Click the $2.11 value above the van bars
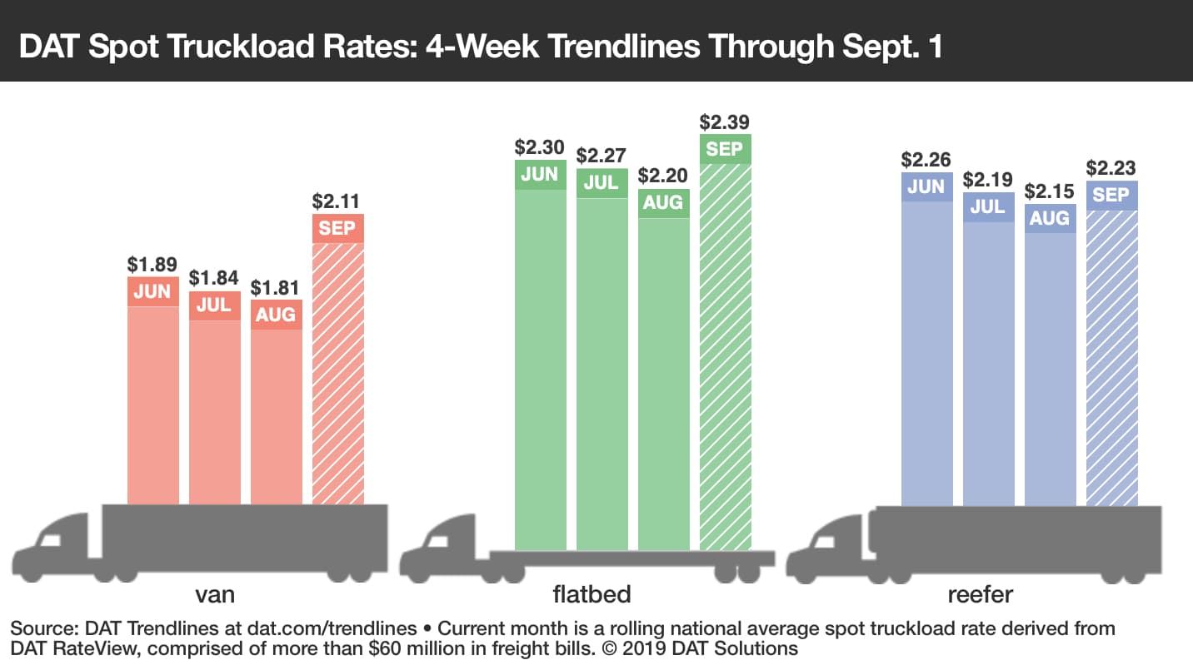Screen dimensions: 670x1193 pos(337,201)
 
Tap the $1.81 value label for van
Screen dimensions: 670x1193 pos(276,288)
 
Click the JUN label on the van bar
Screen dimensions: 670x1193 pos(152,291)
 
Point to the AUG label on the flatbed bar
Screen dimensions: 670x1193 pos(664,202)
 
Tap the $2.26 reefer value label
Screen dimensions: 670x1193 pos(926,159)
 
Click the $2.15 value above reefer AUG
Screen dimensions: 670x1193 pos(1050,191)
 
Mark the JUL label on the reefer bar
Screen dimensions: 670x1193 pos(988,206)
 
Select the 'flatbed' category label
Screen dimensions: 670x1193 pos(592,594)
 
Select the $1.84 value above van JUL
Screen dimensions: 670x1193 pos(214,277)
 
